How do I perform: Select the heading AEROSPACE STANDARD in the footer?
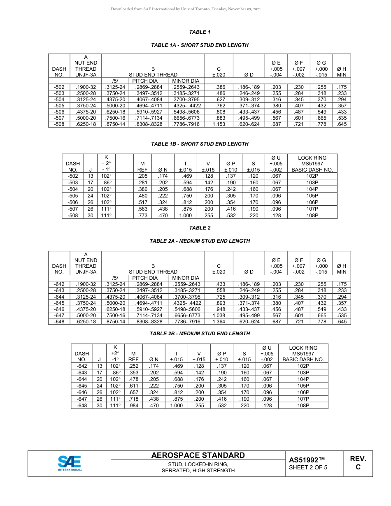198,455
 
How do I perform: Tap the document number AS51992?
307,460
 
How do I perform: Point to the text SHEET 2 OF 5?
308,467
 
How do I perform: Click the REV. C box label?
358,463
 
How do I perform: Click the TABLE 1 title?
200,32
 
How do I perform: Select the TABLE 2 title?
200,228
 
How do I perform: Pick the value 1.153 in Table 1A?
219,124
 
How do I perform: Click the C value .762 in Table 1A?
219,105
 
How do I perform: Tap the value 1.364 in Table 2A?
219,321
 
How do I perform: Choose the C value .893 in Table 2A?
219,303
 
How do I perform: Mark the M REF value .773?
142,216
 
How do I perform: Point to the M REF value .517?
142,202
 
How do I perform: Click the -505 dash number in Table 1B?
73,196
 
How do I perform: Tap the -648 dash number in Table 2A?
59,321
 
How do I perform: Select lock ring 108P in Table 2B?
303,406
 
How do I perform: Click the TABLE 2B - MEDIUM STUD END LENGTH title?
200,334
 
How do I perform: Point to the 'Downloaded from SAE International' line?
186,9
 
